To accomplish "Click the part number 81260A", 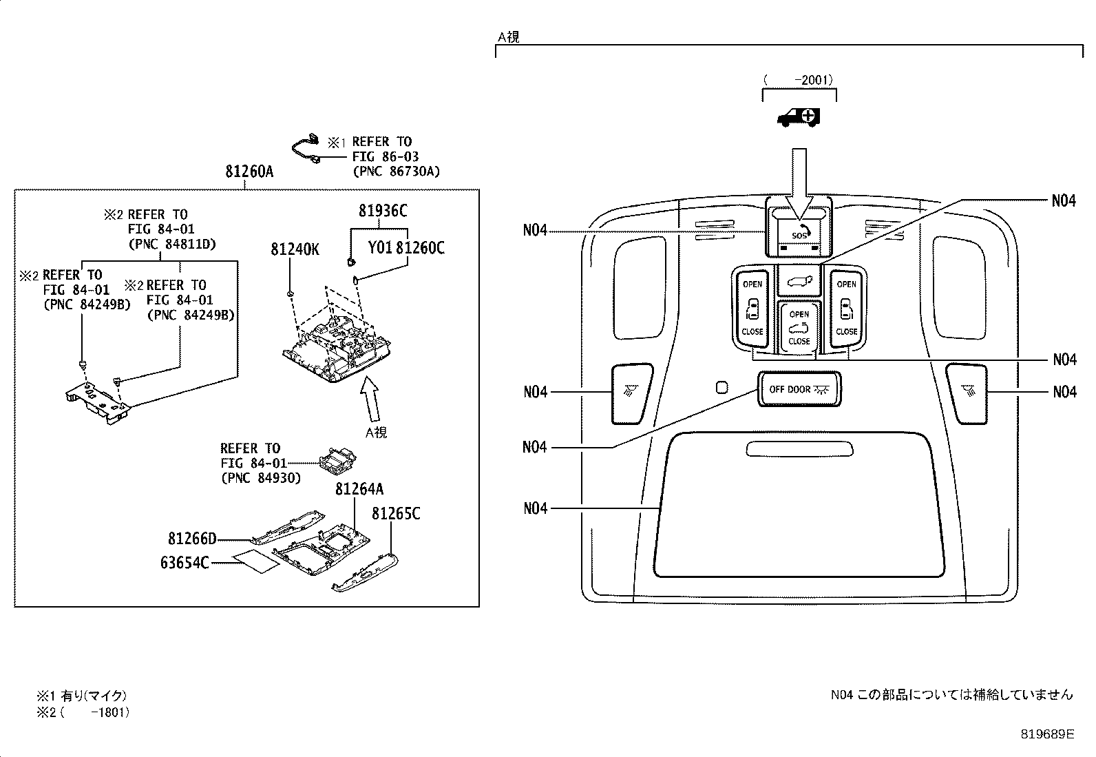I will [x=249, y=172].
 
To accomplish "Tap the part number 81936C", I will [x=382, y=210].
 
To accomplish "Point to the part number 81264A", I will [x=359, y=489].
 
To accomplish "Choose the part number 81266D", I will [x=192, y=538].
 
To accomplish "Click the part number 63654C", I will [x=185, y=563].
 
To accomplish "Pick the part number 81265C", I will [x=396, y=514].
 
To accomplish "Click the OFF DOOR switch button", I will [x=799, y=389].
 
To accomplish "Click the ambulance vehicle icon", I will [x=799, y=118].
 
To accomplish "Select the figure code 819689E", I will [x=1046, y=734].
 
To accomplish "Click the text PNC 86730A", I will [x=395, y=171].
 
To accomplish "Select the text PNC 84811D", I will [x=172, y=244].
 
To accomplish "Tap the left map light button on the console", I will [x=629, y=393].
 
